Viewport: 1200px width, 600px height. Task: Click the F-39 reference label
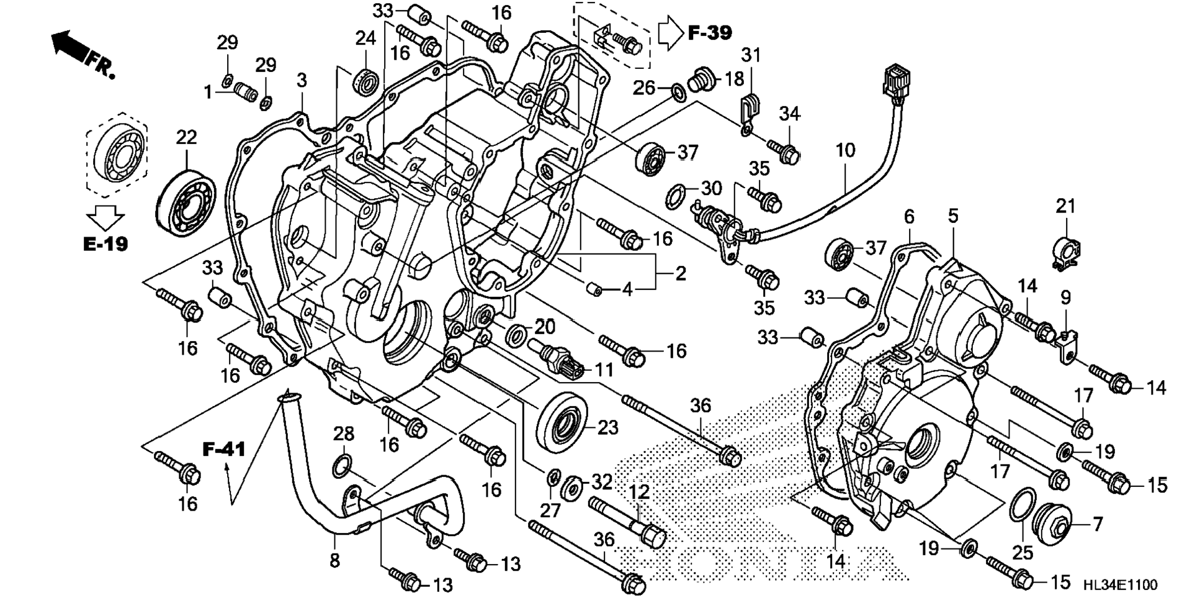[710, 32]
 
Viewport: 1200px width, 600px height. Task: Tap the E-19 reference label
[105, 244]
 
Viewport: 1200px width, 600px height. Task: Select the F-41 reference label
[224, 448]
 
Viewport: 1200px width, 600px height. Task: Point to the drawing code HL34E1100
[1120, 584]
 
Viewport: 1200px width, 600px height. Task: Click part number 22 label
[186, 137]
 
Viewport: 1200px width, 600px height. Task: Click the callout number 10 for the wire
[845, 150]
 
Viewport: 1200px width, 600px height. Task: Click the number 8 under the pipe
[334, 560]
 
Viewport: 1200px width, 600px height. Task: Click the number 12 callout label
[639, 492]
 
